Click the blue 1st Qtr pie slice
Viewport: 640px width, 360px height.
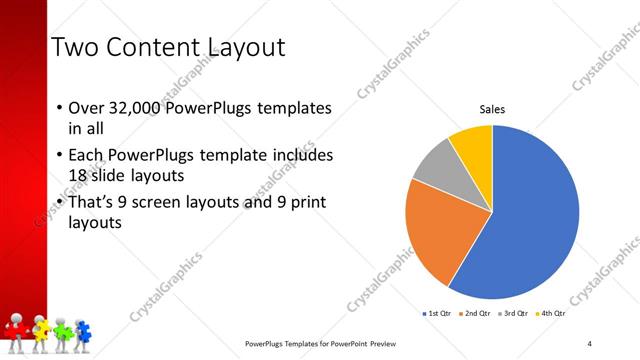pos(530,220)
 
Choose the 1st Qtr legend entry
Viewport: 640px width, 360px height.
pos(438,314)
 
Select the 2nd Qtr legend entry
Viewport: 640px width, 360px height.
pos(474,314)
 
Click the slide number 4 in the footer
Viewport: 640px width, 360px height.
pos(590,344)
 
